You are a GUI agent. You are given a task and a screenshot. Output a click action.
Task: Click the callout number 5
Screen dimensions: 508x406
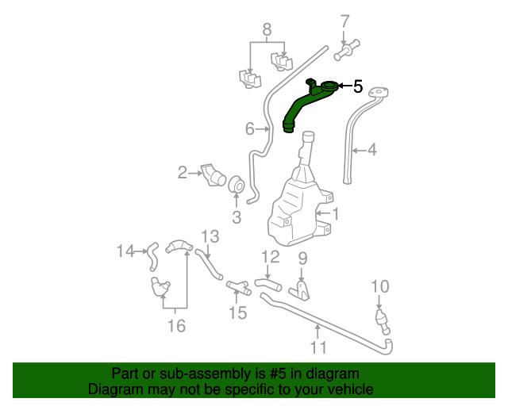[x=358, y=86]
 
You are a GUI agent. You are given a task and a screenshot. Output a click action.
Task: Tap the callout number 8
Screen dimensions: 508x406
[x=267, y=30]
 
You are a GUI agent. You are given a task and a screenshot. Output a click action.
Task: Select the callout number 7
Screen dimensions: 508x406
[x=344, y=20]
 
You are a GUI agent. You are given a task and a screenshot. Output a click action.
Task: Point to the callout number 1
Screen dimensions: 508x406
[x=335, y=213]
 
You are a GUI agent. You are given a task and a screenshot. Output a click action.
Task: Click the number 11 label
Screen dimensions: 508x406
[x=318, y=347]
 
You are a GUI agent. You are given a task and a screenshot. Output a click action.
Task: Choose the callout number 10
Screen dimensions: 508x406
[x=380, y=286]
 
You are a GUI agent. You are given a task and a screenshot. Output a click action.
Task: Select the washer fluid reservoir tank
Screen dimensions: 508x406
[x=298, y=210]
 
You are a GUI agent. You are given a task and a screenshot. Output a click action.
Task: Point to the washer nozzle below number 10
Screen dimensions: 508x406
[x=382, y=319]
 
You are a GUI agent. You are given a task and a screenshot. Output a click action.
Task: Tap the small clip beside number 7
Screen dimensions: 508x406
[x=347, y=49]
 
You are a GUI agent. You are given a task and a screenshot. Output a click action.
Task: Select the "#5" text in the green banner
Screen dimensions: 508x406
[x=278, y=373]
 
